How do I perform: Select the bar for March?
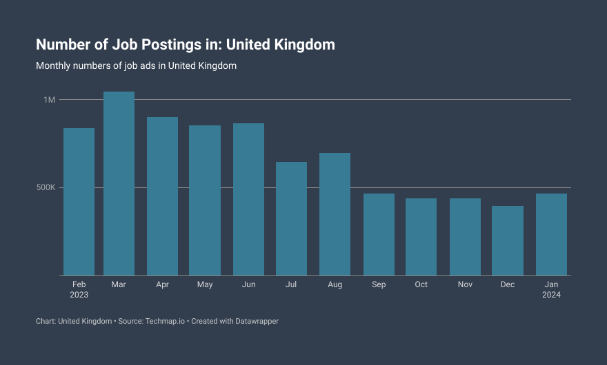(x=119, y=184)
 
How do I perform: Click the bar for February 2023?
(x=79, y=202)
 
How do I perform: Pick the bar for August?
(x=335, y=214)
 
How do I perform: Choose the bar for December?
(x=508, y=241)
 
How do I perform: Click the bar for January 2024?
(x=551, y=235)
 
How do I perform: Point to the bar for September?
(x=379, y=235)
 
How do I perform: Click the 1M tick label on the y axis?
(x=50, y=100)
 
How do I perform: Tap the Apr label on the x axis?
(x=162, y=284)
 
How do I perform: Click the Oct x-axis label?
(x=421, y=284)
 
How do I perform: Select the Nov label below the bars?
(x=465, y=284)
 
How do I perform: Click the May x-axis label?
(x=205, y=284)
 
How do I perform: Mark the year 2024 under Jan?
(x=551, y=295)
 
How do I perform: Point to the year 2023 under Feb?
(x=79, y=295)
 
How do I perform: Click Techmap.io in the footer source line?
(x=166, y=321)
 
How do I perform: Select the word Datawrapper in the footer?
(x=255, y=321)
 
